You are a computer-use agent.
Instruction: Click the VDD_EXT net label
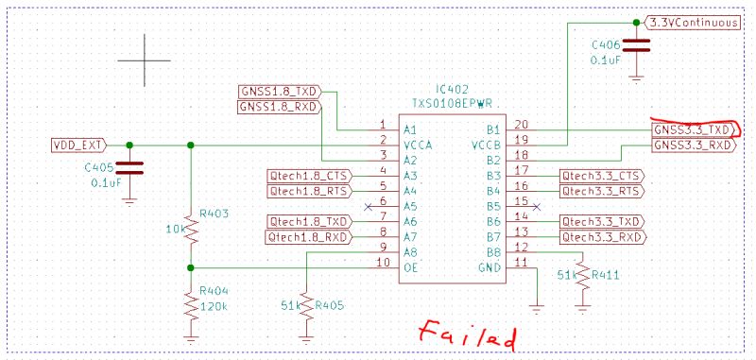pyautogui.click(x=77, y=146)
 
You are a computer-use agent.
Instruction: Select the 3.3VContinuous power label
pyautogui.click(x=696, y=21)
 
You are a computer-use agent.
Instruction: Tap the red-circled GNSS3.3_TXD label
pyautogui.click(x=693, y=129)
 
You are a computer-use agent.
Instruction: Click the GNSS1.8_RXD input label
pyautogui.click(x=278, y=107)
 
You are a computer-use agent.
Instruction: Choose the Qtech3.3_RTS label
pyautogui.click(x=601, y=191)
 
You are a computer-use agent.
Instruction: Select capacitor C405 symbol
pyautogui.click(x=129, y=169)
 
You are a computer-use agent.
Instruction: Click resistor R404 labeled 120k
pyautogui.click(x=191, y=303)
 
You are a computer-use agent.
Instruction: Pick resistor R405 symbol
pyautogui.click(x=307, y=305)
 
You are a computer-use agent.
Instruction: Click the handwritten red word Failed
pyautogui.click(x=469, y=334)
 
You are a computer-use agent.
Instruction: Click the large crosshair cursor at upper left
pyautogui.click(x=145, y=60)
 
